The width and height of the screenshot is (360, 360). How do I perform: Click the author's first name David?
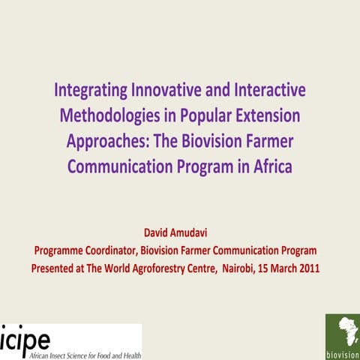[157, 233]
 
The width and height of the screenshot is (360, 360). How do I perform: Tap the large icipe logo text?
[27, 337]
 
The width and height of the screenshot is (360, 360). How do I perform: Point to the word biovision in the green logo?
[342, 353]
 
